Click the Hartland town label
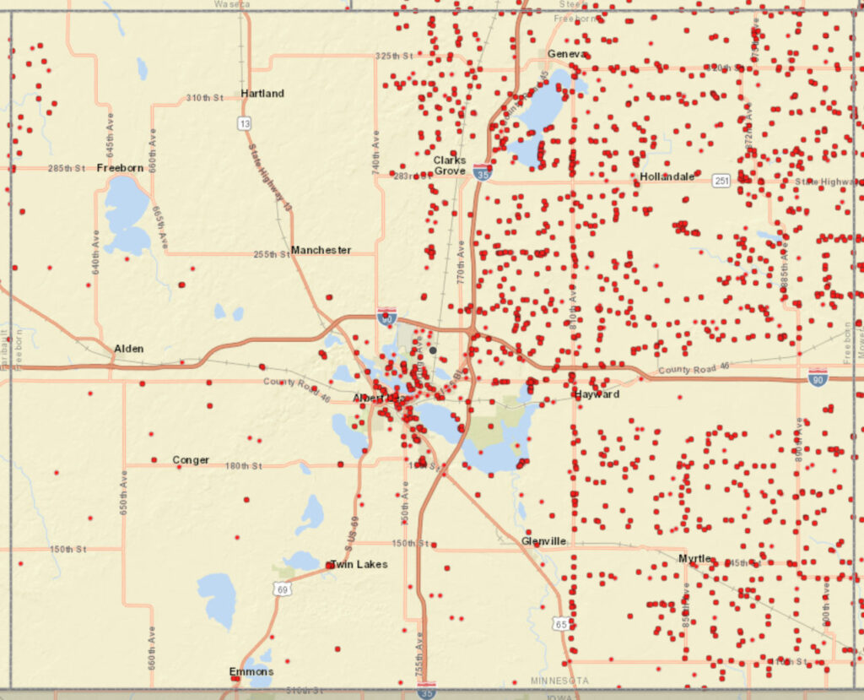(262, 93)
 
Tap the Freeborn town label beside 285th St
(120, 167)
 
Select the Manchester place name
(321, 250)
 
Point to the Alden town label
(128, 348)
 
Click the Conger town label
(191, 460)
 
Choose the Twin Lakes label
(359, 564)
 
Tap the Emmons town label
(251, 672)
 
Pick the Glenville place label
(543, 540)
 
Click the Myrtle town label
(695, 558)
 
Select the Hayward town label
(597, 394)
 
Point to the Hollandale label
(667, 176)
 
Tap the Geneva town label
(565, 53)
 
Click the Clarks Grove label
(450, 165)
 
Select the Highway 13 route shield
(244, 123)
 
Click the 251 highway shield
(721, 181)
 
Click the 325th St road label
(394, 56)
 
